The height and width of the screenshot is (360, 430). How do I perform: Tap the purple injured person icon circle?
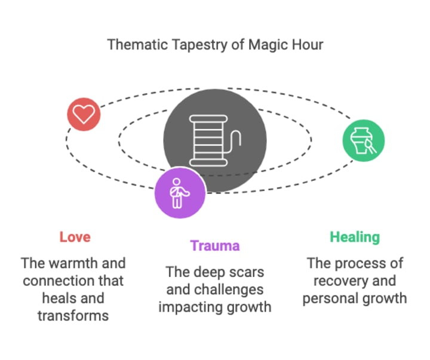180,193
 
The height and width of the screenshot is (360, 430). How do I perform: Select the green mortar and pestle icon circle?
363,141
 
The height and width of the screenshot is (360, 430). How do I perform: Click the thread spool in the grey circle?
215,141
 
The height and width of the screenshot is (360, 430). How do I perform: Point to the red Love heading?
75,237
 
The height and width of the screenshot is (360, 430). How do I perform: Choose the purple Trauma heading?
215,245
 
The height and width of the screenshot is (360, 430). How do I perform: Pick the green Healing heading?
355,237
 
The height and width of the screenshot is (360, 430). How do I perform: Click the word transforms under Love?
73,315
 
